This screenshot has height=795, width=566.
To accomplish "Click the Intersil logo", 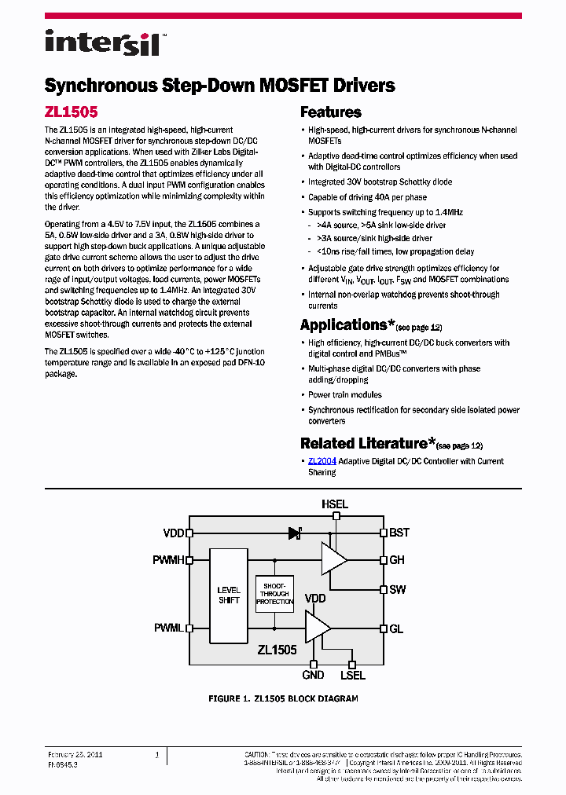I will [102, 42].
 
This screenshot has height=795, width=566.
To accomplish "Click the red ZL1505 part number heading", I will [71, 112].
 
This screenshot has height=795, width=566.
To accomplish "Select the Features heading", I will [330, 112].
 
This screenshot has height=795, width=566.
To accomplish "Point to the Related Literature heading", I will [363, 443].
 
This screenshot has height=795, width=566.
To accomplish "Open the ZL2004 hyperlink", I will [322, 461].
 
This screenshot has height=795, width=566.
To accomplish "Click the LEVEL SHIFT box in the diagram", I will [229, 595].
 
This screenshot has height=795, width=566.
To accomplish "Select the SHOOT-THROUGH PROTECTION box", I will [274, 593].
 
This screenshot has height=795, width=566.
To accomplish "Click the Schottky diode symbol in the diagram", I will [296, 533].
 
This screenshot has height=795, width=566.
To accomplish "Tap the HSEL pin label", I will [334, 504].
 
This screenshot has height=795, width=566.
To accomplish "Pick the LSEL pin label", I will [352, 675].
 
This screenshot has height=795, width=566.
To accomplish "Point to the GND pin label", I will [313, 675].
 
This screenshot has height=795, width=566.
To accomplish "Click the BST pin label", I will [399, 533].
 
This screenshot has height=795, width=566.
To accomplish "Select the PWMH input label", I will [168, 560].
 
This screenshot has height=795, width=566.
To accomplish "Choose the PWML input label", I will [168, 628].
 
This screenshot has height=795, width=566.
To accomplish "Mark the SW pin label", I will [398, 589].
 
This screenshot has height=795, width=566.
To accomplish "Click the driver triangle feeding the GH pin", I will [333, 560].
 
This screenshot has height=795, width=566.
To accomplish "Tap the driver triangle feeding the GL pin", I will [318, 628].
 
